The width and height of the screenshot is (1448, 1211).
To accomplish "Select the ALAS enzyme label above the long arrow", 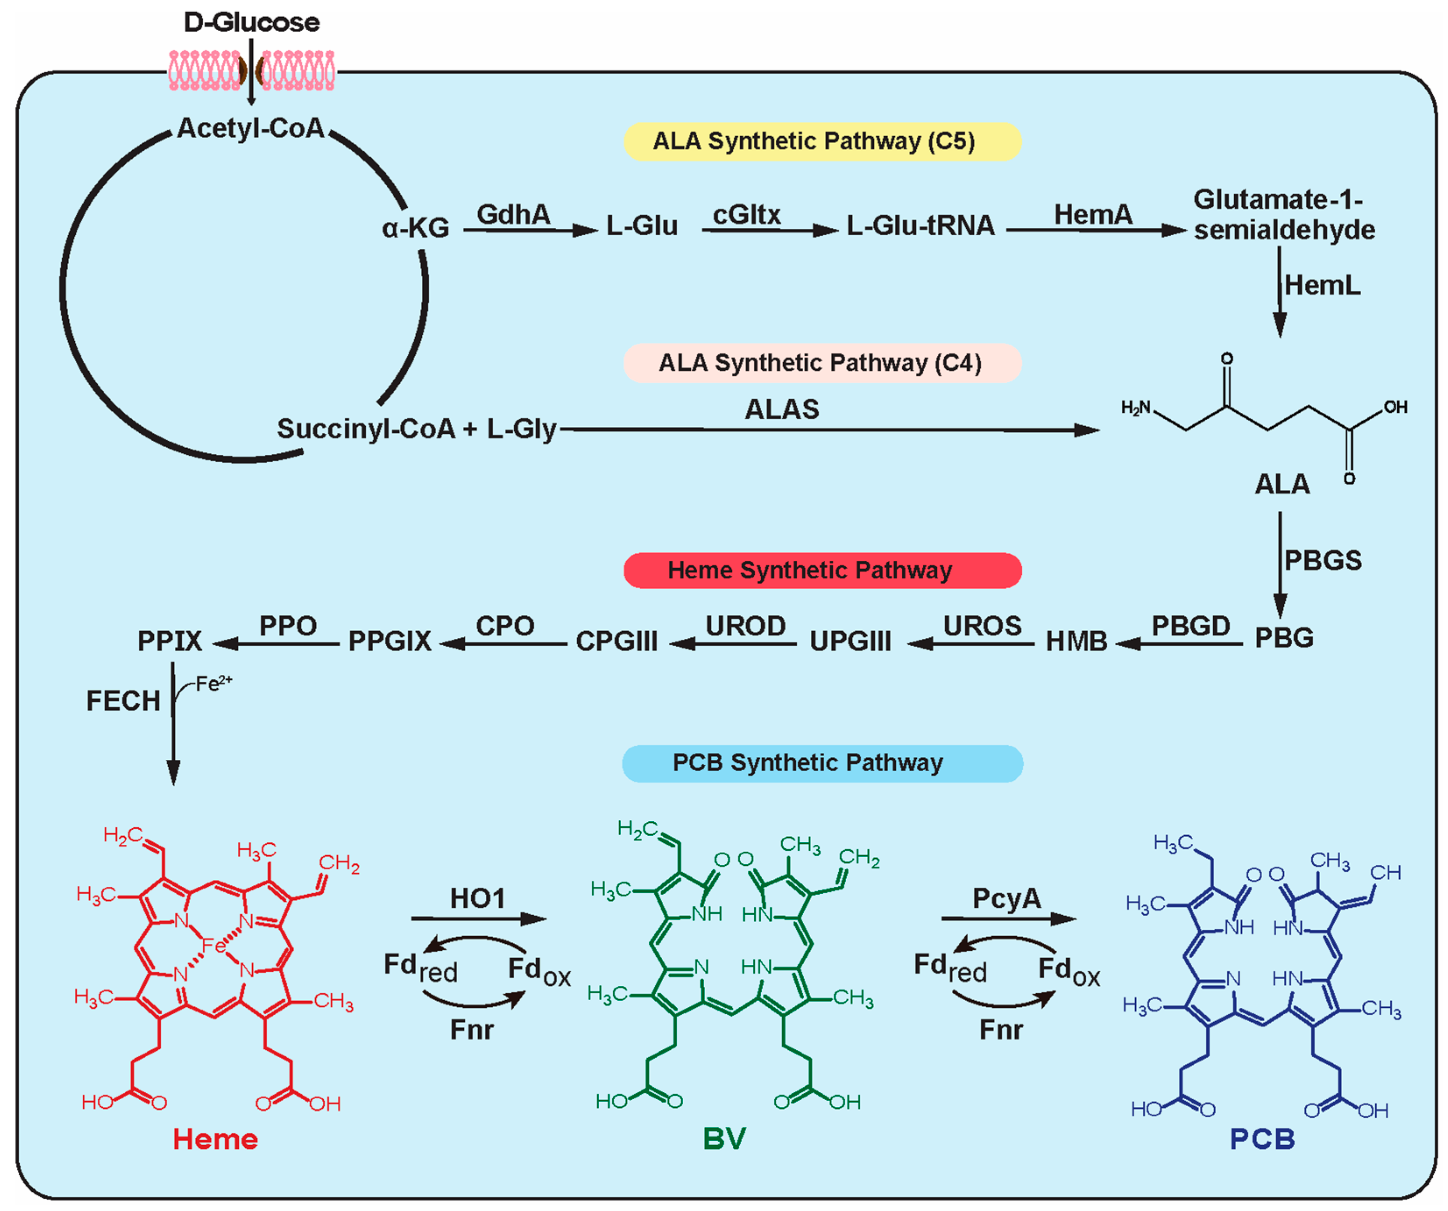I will click(x=781, y=410).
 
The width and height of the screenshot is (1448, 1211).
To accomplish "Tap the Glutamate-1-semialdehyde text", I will click(x=1282, y=215).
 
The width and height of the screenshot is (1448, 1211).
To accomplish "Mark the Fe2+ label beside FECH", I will click(x=213, y=683).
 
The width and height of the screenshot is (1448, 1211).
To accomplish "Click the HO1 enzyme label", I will click(x=477, y=898).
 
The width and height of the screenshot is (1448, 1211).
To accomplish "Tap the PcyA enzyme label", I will click(x=1006, y=898).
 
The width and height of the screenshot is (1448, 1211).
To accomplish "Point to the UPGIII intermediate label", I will click(x=850, y=641).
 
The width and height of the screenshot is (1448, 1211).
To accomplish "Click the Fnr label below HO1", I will click(x=472, y=1030).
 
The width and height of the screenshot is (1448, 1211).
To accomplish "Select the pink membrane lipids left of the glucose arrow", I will click(x=205, y=71).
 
